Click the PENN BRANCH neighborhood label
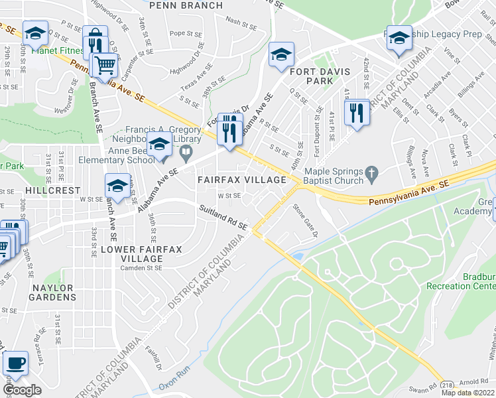pyautogui.click(x=186, y=5)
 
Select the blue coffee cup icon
pyautogui.click(x=15, y=364)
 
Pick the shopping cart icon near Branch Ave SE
pyautogui.click(x=104, y=65)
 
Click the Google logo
pyautogui.click(x=22, y=390)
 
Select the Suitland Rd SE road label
pyautogui.click(x=223, y=218)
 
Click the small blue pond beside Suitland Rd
pyautogui.click(x=298, y=255)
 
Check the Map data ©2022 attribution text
pyautogui.click(x=467, y=393)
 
